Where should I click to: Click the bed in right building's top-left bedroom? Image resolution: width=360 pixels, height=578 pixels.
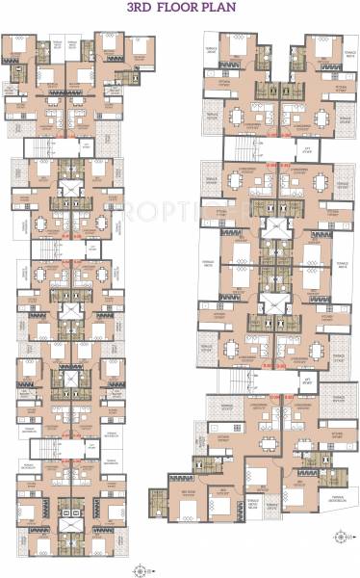click(236, 48)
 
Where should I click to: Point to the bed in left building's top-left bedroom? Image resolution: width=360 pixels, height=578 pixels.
click(21, 46)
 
